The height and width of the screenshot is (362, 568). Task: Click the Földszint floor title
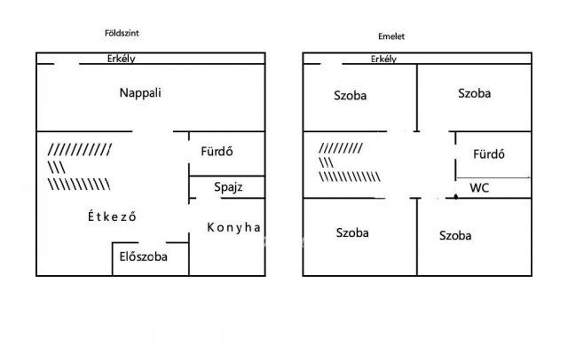(122, 34)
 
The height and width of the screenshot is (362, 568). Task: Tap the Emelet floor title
(391, 36)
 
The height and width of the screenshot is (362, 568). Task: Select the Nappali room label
(140, 93)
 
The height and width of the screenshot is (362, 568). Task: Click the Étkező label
(112, 216)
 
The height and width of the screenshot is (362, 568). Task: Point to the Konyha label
(233, 227)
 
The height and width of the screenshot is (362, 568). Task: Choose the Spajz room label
(228, 187)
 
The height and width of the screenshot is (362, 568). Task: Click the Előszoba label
(144, 256)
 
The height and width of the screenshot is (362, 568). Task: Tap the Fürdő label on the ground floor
(217, 151)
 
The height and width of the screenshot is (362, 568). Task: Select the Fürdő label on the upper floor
(489, 153)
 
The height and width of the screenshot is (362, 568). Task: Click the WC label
(479, 187)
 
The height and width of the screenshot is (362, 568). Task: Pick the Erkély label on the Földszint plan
(122, 59)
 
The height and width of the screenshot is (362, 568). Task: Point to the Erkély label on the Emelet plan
(383, 59)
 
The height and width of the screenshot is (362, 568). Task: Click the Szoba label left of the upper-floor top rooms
(350, 96)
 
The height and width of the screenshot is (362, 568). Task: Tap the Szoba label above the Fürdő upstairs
(474, 93)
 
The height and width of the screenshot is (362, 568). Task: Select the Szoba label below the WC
(455, 236)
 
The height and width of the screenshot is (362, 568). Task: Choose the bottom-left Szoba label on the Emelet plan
(352, 232)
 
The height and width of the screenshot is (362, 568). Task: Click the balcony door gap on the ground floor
(67, 64)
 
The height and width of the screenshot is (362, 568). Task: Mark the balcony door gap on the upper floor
(331, 64)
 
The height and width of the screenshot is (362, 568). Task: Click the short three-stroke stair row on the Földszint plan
(57, 167)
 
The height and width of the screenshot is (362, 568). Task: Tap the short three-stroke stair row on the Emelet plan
(326, 162)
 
